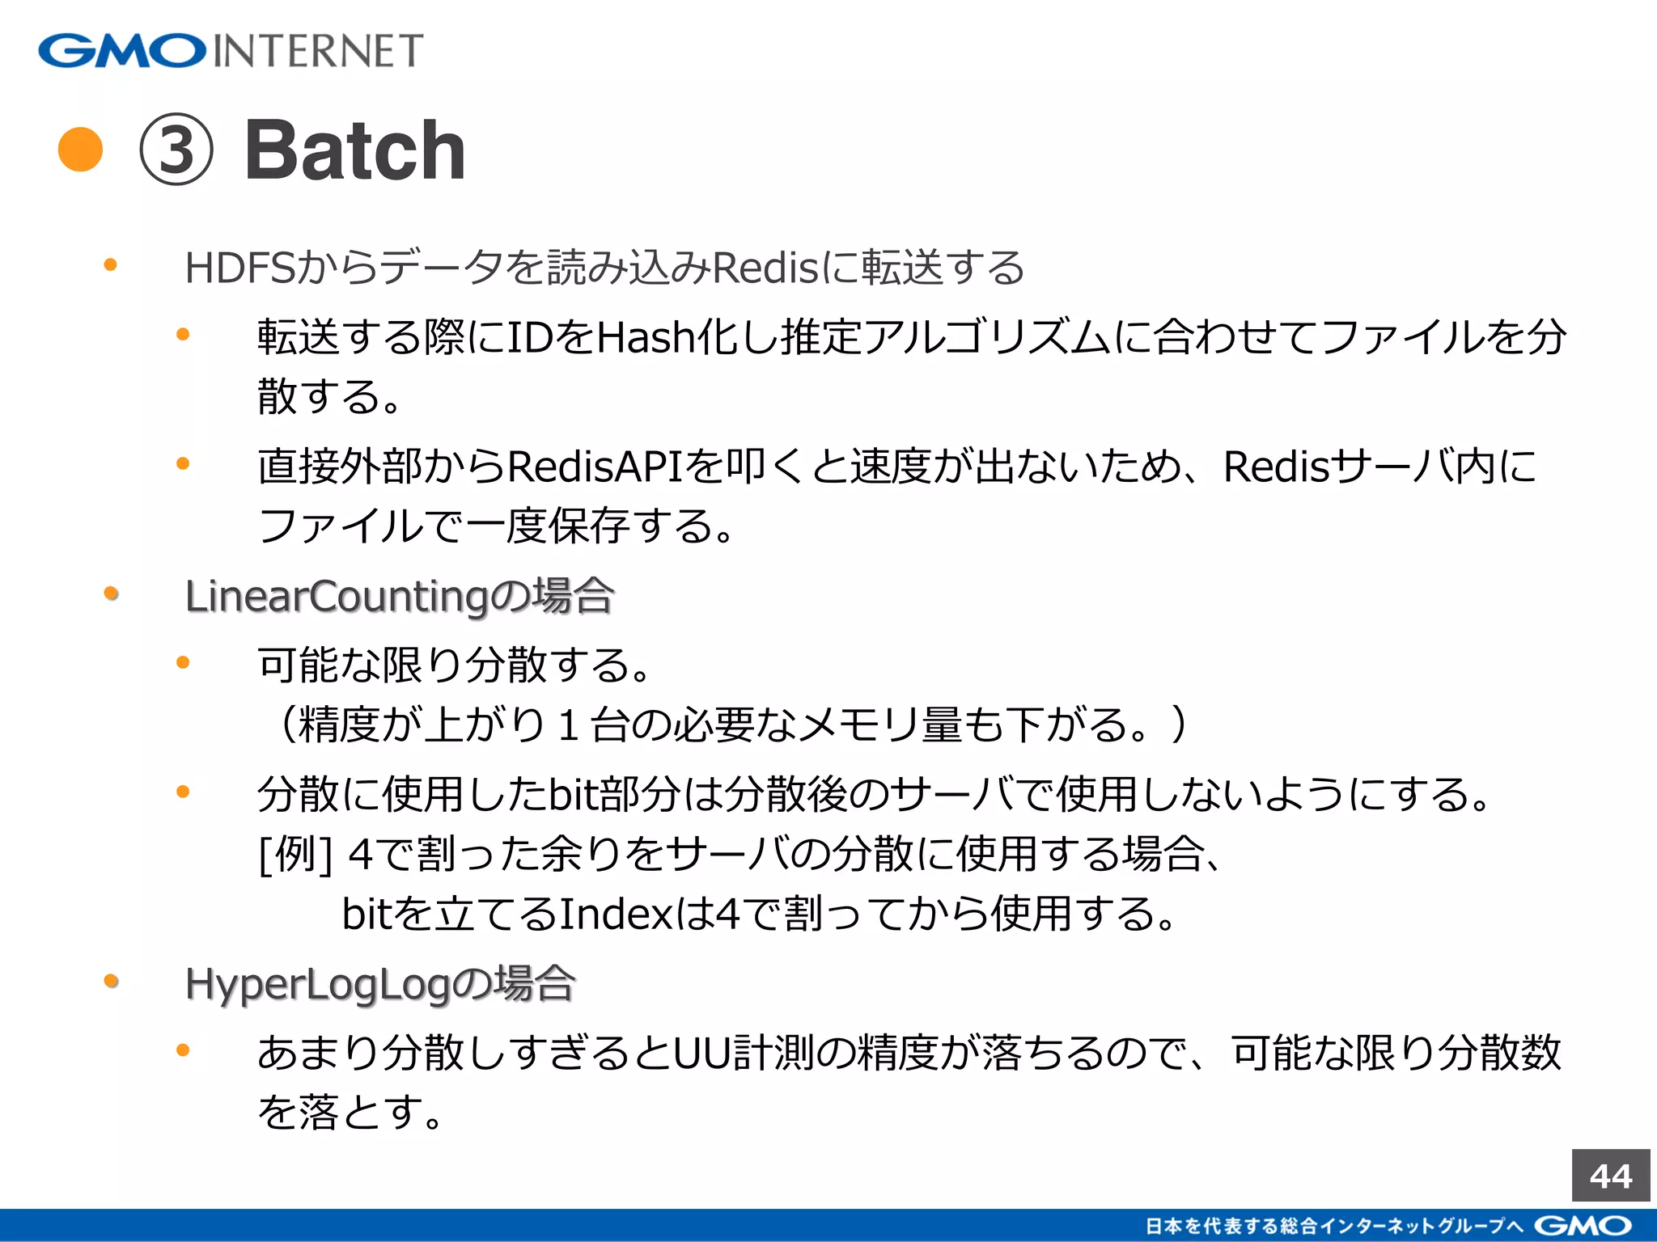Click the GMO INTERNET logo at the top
(x=231, y=51)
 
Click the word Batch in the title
(x=355, y=150)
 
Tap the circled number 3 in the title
(x=176, y=150)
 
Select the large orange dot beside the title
(x=81, y=150)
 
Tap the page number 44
(x=1610, y=1176)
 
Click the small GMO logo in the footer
(x=1583, y=1226)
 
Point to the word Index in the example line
(x=616, y=915)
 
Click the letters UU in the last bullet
(x=702, y=1054)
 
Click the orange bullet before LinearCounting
(x=112, y=594)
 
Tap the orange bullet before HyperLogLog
(x=112, y=982)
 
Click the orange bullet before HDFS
(x=112, y=265)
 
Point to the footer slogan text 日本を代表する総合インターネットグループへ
(x=1335, y=1226)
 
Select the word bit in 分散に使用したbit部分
(x=574, y=795)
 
